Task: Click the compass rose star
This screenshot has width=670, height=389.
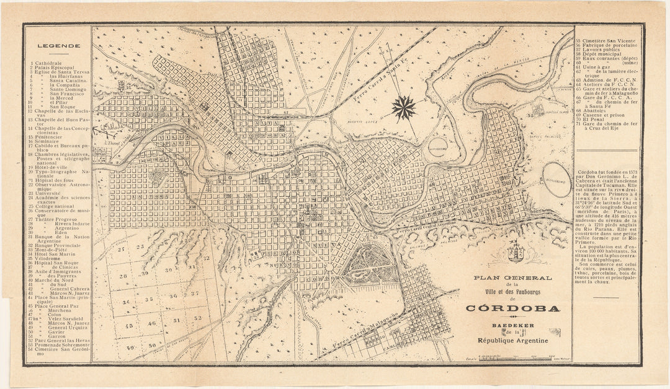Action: [x=404, y=108]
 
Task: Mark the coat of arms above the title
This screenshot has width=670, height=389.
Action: [x=514, y=253]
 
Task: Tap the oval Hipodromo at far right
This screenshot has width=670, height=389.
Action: [x=556, y=181]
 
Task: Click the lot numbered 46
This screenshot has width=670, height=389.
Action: [x=151, y=323]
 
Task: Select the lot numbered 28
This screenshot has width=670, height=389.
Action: [x=123, y=276]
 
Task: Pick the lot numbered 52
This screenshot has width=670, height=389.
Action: [x=197, y=318]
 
